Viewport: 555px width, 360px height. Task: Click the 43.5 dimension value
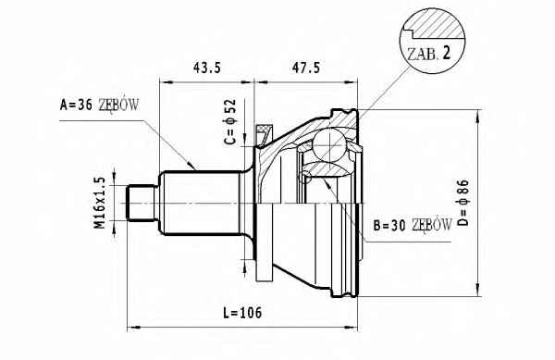tap(207, 68)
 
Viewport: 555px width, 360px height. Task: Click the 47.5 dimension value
tap(306, 68)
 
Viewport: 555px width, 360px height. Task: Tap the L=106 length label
tap(242, 313)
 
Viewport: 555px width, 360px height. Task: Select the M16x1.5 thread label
tap(100, 203)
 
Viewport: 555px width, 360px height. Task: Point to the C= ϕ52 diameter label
tap(230, 121)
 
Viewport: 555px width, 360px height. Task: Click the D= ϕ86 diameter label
tap(462, 203)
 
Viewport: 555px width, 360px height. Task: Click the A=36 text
tap(76, 105)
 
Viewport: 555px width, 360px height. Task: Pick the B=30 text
tap(389, 226)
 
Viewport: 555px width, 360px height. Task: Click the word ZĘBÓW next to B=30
tap(432, 225)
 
